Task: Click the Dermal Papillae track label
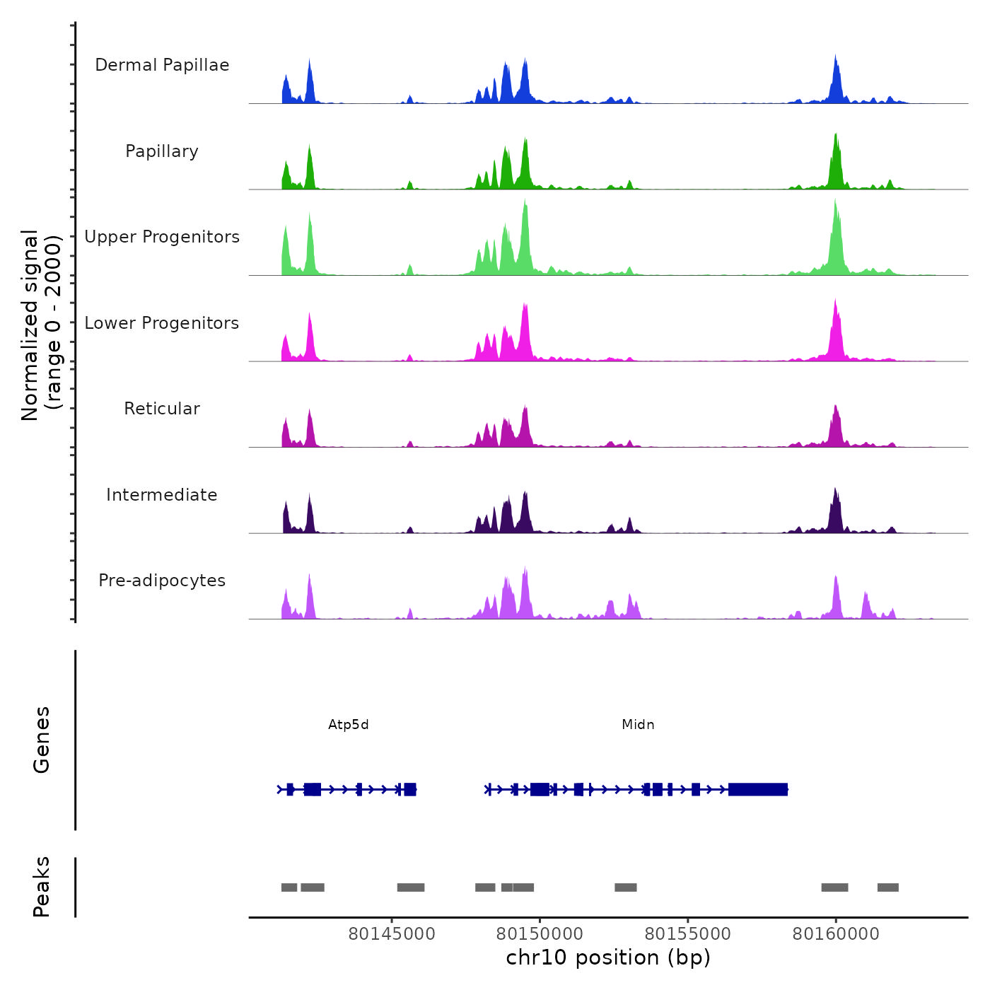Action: pyautogui.click(x=162, y=65)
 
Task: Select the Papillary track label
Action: pyautogui.click(x=162, y=151)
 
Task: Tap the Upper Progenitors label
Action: pyautogui.click(x=162, y=237)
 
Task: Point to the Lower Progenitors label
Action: pyautogui.click(x=162, y=323)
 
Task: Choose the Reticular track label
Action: pyautogui.click(x=162, y=409)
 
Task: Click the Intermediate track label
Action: pyautogui.click(x=162, y=495)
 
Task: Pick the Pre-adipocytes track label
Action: pyautogui.click(x=162, y=581)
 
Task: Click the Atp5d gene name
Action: pyautogui.click(x=349, y=725)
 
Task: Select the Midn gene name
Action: pyautogui.click(x=638, y=725)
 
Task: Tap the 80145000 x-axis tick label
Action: pyautogui.click(x=392, y=934)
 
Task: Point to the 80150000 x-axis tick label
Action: pyautogui.click(x=540, y=934)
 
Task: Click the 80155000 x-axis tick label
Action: pyautogui.click(x=687, y=934)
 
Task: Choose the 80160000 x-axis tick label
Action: pyautogui.click(x=836, y=934)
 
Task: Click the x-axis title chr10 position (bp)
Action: pyautogui.click(x=608, y=957)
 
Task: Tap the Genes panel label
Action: pyautogui.click(x=42, y=740)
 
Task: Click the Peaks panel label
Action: pyautogui.click(x=42, y=887)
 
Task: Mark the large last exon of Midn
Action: pyautogui.click(x=758, y=789)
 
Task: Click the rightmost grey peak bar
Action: pyautogui.click(x=887, y=887)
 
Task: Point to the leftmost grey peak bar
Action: pyautogui.click(x=289, y=887)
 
